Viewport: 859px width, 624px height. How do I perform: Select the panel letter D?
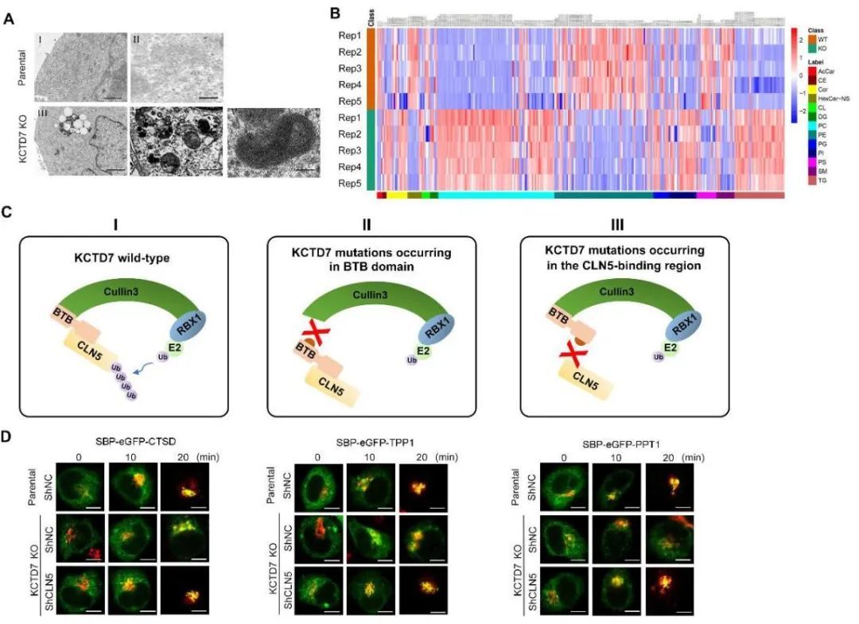click(8, 437)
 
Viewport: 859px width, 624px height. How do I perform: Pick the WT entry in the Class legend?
click(825, 37)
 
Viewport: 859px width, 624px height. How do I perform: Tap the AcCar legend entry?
click(827, 71)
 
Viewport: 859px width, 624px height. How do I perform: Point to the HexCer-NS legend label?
click(833, 98)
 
